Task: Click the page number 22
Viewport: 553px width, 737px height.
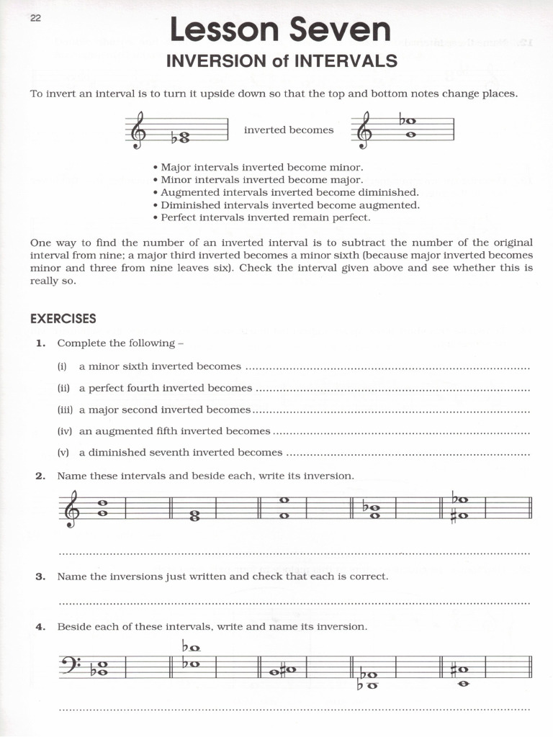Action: tap(36, 19)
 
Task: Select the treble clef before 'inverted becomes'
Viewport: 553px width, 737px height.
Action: tap(135, 130)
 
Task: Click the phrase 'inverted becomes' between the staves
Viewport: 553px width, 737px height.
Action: tap(289, 130)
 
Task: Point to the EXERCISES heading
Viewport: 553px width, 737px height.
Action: tap(63, 318)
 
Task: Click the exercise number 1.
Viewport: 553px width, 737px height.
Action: tap(41, 343)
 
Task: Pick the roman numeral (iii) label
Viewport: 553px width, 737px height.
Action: tap(65, 410)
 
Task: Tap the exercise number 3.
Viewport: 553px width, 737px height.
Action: tap(41, 577)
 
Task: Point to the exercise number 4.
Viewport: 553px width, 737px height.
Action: tap(41, 627)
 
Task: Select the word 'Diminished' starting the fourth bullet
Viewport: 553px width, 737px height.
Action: tap(186, 205)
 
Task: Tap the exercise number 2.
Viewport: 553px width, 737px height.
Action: tap(41, 476)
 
